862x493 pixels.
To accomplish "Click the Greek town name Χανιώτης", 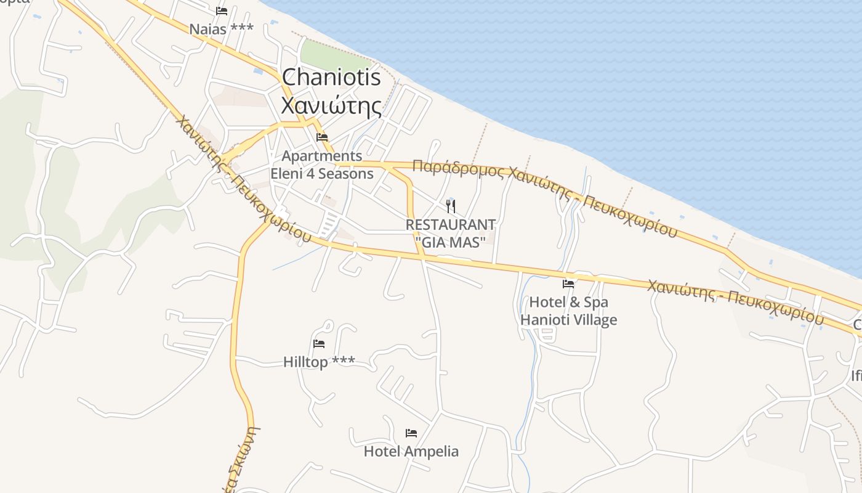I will pos(331,106).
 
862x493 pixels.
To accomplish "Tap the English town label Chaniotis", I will pos(331,78).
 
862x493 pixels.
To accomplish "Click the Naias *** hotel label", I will pos(221,29).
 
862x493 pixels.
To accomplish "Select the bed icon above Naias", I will pos(222,11).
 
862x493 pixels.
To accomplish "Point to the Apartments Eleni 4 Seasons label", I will pos(322,165).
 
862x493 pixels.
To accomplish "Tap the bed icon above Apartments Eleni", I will pos(322,137).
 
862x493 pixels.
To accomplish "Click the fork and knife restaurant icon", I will pos(451,206).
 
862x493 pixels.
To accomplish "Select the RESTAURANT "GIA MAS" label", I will pos(451,234).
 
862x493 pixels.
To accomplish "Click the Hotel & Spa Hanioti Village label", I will pos(568,311).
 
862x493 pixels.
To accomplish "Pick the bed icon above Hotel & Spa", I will pos(568,284).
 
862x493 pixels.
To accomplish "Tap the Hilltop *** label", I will pos(319,362).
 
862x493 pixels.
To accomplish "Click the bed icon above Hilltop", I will pos(319,344).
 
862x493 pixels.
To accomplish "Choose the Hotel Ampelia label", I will pos(411,451).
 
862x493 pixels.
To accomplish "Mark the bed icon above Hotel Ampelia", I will pos(411,433).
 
